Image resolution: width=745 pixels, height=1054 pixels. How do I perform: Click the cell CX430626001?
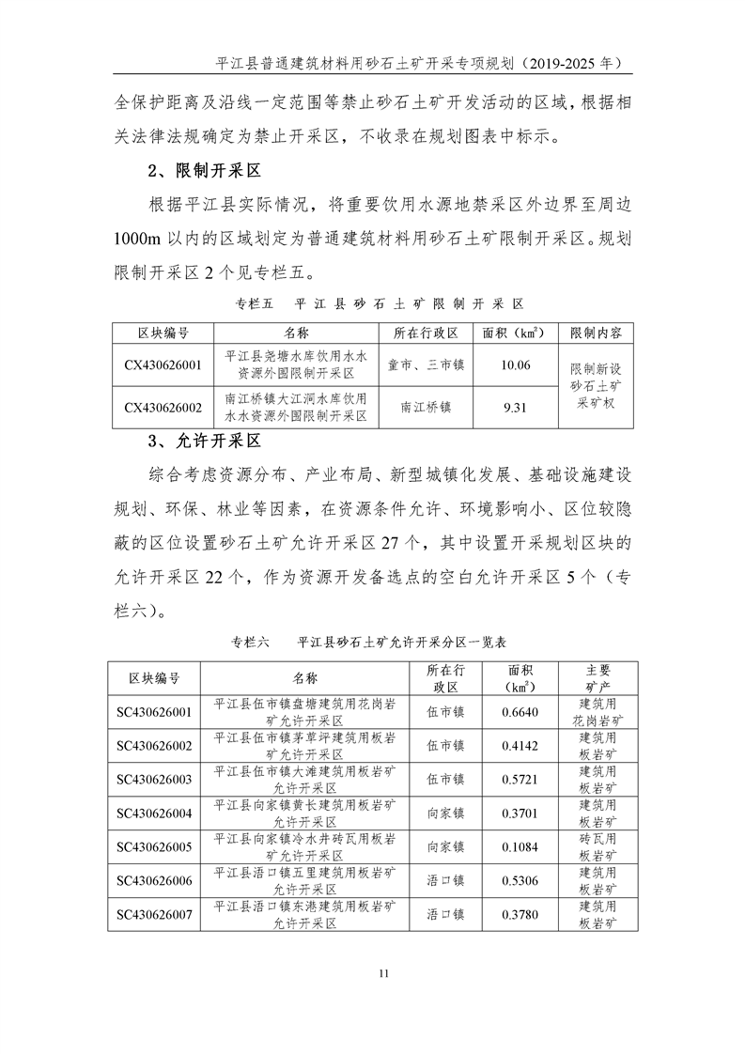point(163,365)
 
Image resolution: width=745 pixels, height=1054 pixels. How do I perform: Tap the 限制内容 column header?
point(596,333)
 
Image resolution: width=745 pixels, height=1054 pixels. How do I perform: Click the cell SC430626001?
point(154,712)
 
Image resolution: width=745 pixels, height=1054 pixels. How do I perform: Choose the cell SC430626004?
point(154,813)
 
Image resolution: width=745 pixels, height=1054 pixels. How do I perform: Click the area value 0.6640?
point(520,712)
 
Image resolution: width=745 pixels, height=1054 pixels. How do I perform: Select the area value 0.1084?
point(520,846)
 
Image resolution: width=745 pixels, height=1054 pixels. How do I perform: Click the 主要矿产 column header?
point(598,678)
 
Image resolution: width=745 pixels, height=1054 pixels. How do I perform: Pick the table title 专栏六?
point(250,643)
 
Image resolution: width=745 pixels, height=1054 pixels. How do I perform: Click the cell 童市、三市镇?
point(426,365)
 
